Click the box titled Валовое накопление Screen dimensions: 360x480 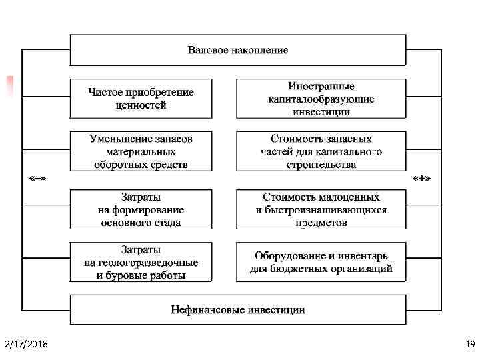tap(238, 50)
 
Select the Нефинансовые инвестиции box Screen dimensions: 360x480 tap(238, 310)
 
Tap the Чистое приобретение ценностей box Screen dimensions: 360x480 tap(141, 99)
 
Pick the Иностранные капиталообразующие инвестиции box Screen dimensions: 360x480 tap(321, 99)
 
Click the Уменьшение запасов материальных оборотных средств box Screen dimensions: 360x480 tap(141, 151)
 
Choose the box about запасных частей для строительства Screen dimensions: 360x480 tap(321, 151)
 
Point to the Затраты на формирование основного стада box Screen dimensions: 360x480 tap(141, 209)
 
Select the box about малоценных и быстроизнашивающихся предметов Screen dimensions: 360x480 tap(321, 209)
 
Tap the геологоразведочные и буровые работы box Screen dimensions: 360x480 tap(141, 262)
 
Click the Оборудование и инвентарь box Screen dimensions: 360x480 tap(321, 262)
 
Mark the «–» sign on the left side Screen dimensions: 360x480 tap(37, 179)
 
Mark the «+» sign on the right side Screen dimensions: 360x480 tap(421, 179)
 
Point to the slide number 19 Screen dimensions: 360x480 tap(469, 344)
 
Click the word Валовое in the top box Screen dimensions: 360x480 tap(209, 51)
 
